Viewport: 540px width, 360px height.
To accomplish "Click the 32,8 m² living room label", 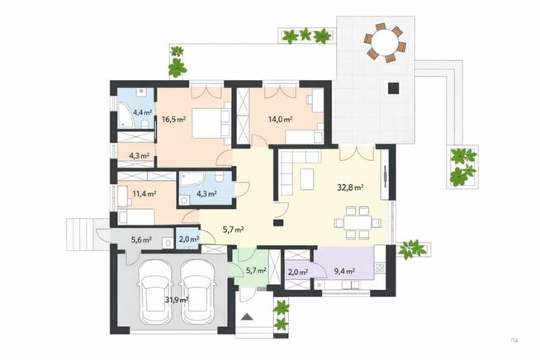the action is [x=350, y=187].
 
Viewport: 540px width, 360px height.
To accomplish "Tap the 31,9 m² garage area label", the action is [x=177, y=300].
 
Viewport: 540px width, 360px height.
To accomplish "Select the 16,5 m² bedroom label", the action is [x=173, y=120].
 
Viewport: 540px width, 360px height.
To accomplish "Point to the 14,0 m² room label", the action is [x=280, y=120].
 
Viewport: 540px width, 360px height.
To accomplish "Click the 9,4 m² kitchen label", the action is [x=344, y=272].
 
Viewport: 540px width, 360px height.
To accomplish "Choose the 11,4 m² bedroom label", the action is [x=144, y=194].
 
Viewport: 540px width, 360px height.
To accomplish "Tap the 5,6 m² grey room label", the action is [x=141, y=240].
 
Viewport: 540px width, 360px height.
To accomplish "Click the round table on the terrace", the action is [x=385, y=43].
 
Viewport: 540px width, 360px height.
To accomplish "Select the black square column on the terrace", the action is [x=394, y=88].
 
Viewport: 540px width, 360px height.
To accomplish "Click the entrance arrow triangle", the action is [x=247, y=316].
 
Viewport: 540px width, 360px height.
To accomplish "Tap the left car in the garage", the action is [x=154, y=291].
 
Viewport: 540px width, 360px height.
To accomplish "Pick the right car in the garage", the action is [x=197, y=291].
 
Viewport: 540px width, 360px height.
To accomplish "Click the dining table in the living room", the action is [x=358, y=223].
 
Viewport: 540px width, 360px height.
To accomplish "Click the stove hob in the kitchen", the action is [x=380, y=268].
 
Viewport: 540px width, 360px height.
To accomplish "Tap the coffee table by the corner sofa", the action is [x=306, y=179].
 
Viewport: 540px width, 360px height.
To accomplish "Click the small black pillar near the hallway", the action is [x=278, y=223].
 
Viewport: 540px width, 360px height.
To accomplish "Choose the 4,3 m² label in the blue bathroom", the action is [x=206, y=194].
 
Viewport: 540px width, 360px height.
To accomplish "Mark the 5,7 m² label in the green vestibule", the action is [x=256, y=271].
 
